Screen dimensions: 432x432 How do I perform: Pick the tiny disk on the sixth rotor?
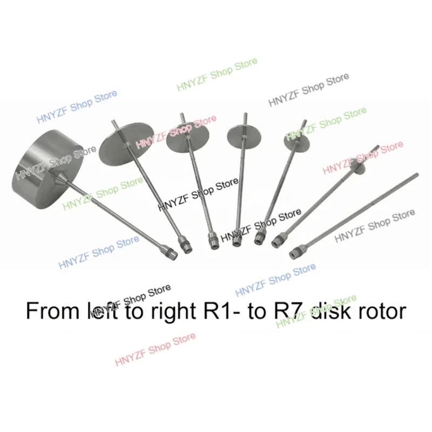357,167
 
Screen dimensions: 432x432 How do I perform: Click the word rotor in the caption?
377,312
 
